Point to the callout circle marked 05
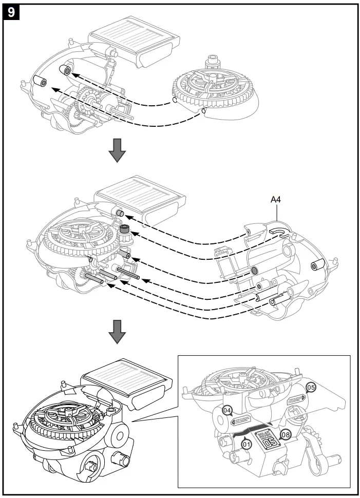310,387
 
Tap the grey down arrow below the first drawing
118,149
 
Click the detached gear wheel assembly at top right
215,88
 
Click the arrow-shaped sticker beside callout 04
240,419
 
